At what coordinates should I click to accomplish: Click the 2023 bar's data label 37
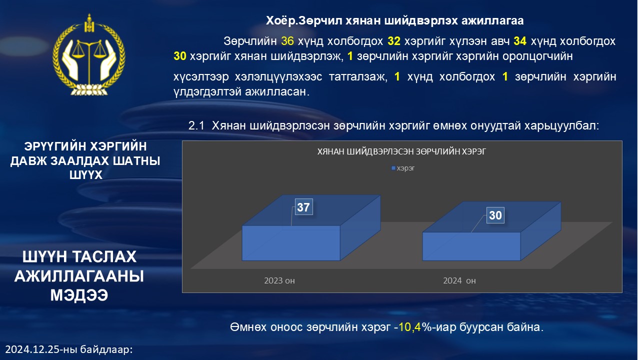pyautogui.click(x=303, y=207)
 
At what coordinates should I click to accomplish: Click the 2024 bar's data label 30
pyautogui.click(x=495, y=215)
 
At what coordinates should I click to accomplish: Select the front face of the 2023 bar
pyautogui.click(x=291, y=243)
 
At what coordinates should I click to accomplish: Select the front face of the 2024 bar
pyautogui.click(x=471, y=246)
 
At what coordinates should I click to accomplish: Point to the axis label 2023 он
pyautogui.click(x=279, y=280)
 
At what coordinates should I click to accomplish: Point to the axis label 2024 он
pyautogui.click(x=459, y=280)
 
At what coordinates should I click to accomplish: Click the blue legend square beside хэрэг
pyautogui.click(x=393, y=168)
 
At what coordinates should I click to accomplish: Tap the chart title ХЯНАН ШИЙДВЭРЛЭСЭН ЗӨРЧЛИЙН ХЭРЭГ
pyautogui.click(x=401, y=151)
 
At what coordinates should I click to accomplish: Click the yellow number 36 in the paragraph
pyautogui.click(x=287, y=41)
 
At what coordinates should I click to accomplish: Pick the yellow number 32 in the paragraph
pyautogui.click(x=394, y=41)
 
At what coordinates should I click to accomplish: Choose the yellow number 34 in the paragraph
pyautogui.click(x=520, y=41)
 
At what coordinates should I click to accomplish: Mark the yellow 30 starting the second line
pyautogui.click(x=180, y=56)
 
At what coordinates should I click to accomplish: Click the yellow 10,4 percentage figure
pyautogui.click(x=409, y=327)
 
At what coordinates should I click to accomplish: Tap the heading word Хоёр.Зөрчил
pyautogui.click(x=303, y=20)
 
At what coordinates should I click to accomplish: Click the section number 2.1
pyautogui.click(x=196, y=125)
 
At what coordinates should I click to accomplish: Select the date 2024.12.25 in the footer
pyautogui.click(x=32, y=349)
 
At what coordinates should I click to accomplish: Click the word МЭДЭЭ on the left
pyautogui.click(x=79, y=295)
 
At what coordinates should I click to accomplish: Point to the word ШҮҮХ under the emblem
pyautogui.click(x=85, y=175)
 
